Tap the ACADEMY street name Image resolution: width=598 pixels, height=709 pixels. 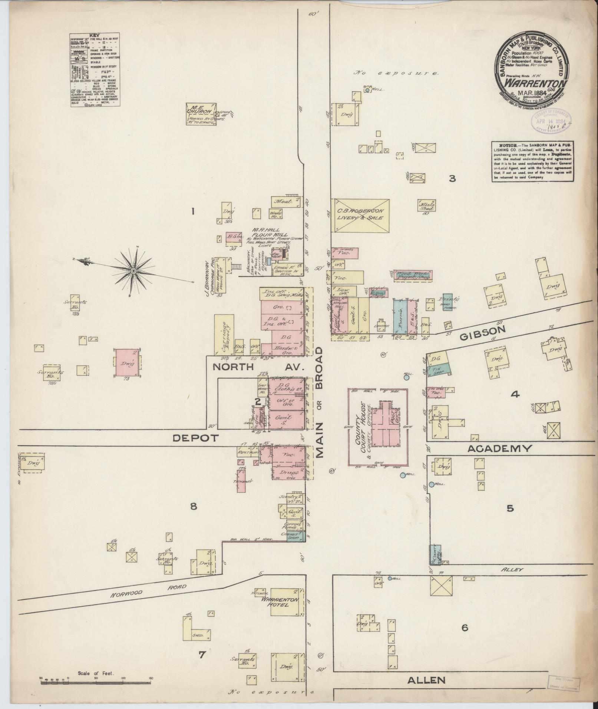click(499, 449)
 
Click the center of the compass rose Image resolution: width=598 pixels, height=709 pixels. click(133, 271)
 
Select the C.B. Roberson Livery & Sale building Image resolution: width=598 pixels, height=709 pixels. click(360, 215)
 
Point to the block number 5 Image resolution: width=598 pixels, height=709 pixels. click(510, 508)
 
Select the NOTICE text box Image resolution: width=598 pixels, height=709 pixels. click(533, 161)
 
